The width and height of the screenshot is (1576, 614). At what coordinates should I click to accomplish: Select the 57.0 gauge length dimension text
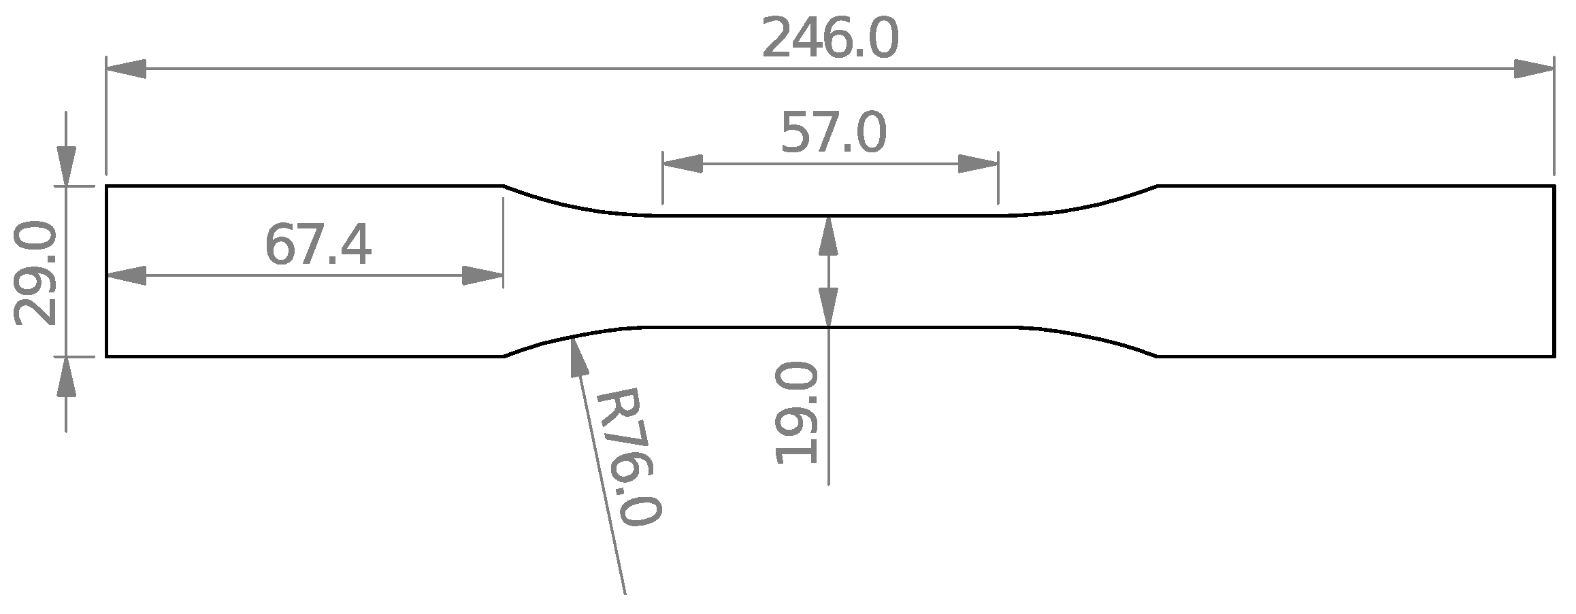(x=833, y=134)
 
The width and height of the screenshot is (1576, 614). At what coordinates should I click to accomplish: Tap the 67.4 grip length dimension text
(x=318, y=246)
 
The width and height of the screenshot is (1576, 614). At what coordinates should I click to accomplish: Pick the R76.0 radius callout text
(x=627, y=457)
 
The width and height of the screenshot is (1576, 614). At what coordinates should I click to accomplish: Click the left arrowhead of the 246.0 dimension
(x=127, y=69)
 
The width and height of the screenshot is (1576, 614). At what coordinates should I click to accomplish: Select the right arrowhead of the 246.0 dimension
(x=1534, y=69)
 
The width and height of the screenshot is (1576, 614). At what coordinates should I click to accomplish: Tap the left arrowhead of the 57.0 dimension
(x=683, y=164)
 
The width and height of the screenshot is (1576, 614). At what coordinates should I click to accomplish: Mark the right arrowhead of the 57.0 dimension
(x=978, y=164)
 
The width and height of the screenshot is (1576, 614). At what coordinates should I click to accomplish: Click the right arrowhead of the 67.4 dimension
(x=482, y=276)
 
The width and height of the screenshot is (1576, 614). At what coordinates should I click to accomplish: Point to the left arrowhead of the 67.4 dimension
(x=127, y=276)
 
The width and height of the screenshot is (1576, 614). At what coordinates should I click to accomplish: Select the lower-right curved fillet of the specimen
(x=1089, y=339)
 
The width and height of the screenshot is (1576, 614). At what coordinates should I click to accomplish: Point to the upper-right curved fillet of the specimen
(x=1089, y=203)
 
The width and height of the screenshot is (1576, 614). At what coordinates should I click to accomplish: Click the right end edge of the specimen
(x=1554, y=271)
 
